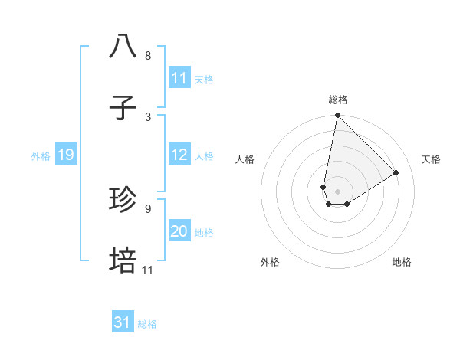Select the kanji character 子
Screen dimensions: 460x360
pyautogui.click(x=123, y=108)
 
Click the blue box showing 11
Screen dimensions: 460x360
pyautogui.click(x=179, y=78)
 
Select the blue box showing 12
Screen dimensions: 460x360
pyautogui.click(x=179, y=155)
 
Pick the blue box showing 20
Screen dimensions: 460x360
pyautogui.click(x=179, y=232)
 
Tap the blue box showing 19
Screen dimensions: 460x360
pyautogui.click(x=65, y=155)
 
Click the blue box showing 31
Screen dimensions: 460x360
pyautogui.click(x=122, y=323)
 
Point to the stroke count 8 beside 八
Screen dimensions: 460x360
pyautogui.click(x=147, y=56)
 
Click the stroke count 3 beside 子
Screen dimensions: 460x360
pyautogui.click(x=147, y=116)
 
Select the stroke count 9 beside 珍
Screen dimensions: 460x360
pyautogui.click(x=147, y=208)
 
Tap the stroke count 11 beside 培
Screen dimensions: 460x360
pyautogui.click(x=147, y=270)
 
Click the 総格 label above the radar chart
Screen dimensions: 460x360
pyautogui.click(x=337, y=100)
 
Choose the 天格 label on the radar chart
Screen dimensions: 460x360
pyautogui.click(x=431, y=159)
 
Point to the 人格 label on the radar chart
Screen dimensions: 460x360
pyautogui.click(x=245, y=159)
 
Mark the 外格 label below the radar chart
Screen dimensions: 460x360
pyautogui.click(x=269, y=262)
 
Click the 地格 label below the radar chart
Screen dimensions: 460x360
pyautogui.click(x=402, y=262)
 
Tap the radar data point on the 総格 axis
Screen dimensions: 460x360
pyautogui.click(x=337, y=116)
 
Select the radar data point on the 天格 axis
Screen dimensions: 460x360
pyautogui.click(x=396, y=173)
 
